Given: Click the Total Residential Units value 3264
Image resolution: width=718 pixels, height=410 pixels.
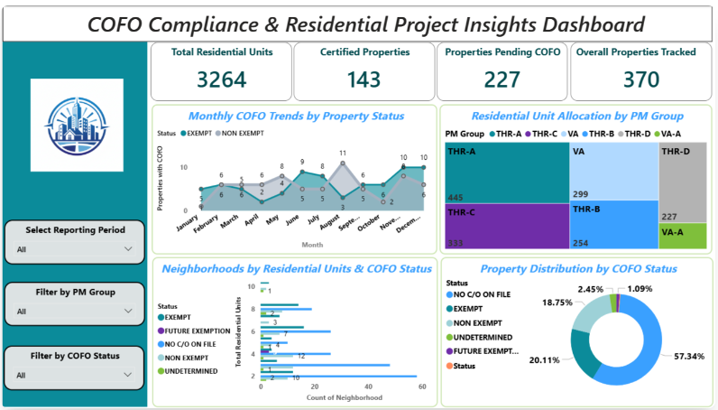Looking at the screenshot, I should click(x=221, y=79).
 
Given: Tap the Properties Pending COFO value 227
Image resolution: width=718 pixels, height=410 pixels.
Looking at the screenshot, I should click(x=502, y=79).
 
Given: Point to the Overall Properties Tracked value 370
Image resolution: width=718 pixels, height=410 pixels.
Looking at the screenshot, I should click(x=640, y=79).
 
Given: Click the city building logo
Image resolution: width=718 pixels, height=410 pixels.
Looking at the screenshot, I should click(x=76, y=123).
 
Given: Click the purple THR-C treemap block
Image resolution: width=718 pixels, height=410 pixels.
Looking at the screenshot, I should click(x=505, y=226).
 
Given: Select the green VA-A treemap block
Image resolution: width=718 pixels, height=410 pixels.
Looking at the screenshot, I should click(x=683, y=236).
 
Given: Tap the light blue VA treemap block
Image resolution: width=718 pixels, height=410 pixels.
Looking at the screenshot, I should click(x=612, y=172).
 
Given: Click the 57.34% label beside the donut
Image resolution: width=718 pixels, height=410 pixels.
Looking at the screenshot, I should click(x=691, y=357).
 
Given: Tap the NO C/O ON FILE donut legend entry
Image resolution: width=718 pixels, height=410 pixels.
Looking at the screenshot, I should click(x=485, y=294).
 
